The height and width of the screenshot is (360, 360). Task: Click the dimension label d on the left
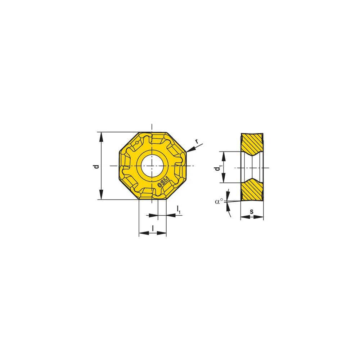pyautogui.click(x=96, y=166)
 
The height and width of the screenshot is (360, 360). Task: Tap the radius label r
pyautogui.click(x=196, y=141)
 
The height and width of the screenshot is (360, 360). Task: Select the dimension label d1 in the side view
pyautogui.click(x=217, y=168)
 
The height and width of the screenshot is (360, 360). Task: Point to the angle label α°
pyautogui.click(x=219, y=202)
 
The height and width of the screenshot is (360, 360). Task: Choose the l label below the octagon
pyautogui.click(x=153, y=228)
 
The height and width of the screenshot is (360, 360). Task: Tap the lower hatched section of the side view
pyautogui.click(x=252, y=190)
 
